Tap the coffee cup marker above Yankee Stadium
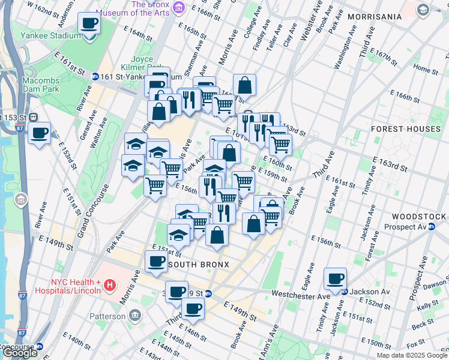89,24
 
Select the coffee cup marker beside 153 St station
40,133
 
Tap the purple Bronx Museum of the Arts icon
178,7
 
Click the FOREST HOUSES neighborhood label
406,129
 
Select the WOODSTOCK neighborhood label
418,216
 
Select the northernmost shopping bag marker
245,86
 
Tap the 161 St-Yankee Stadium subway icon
95,77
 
